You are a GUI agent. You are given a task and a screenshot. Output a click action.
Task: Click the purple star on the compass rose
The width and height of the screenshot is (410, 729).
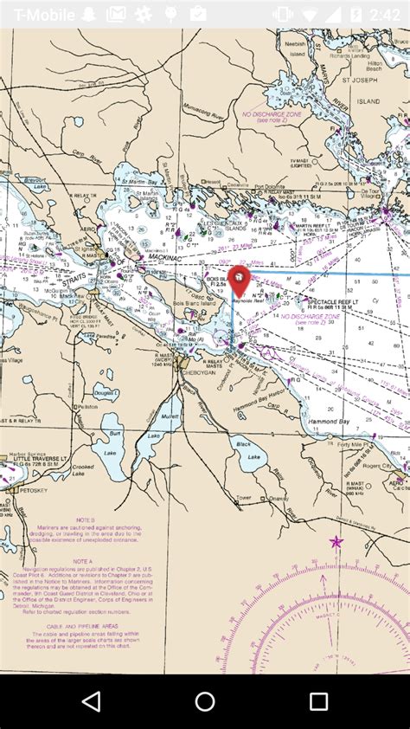(x=336, y=542)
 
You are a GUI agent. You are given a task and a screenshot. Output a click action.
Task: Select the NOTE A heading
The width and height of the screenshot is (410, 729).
(x=83, y=561)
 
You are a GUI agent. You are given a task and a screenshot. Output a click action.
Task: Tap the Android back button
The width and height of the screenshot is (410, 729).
(x=91, y=701)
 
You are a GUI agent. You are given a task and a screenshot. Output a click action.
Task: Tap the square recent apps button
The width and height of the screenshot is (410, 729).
(x=318, y=701)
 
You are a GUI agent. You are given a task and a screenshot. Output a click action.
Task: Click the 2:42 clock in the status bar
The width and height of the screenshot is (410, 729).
(x=384, y=14)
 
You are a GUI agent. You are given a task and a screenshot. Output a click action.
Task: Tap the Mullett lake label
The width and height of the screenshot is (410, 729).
(x=170, y=416)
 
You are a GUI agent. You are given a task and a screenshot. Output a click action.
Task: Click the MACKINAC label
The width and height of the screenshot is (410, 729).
(x=166, y=256)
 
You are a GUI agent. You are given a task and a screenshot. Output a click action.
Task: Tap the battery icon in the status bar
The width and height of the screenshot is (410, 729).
(x=354, y=14)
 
